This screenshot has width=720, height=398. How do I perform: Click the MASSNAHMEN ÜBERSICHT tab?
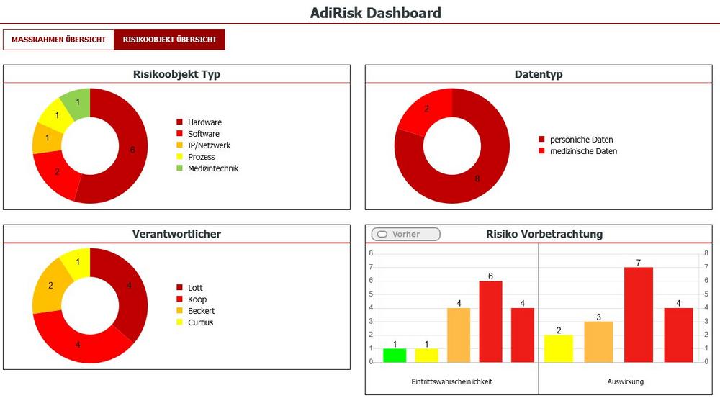point(58,40)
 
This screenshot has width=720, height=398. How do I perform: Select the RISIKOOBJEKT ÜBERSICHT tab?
point(169,40)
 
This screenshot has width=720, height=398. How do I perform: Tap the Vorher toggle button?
point(405,234)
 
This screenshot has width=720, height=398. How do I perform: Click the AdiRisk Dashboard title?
point(375,12)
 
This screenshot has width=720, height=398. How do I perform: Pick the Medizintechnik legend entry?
point(212,168)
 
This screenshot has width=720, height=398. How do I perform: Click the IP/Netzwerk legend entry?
point(209,145)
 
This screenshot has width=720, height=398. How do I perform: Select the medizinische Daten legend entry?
point(583,151)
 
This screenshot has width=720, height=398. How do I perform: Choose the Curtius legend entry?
point(199,322)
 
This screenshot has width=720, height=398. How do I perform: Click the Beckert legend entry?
point(201,311)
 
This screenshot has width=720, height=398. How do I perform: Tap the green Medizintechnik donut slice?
point(76,103)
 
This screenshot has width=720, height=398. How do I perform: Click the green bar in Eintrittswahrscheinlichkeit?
point(395,355)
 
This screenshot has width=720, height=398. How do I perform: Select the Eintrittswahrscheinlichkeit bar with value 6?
point(490,321)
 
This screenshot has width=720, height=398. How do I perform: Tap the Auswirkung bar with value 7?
point(638,315)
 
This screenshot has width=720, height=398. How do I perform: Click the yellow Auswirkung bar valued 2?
point(558,348)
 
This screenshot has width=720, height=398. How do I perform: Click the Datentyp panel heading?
point(538,74)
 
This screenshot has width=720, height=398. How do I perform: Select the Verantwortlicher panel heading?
point(176,234)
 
